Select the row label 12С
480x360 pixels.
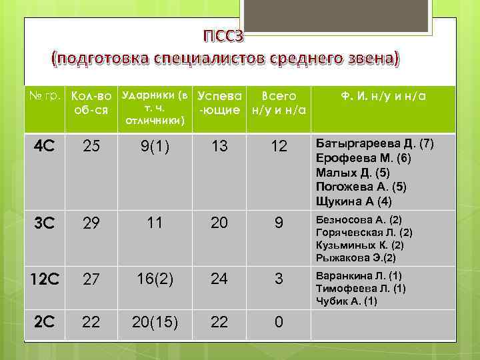[45, 279]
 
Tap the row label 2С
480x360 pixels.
[45, 322]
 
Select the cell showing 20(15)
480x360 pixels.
[154, 323]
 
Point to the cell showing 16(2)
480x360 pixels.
[154, 279]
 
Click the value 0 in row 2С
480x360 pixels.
[279, 323]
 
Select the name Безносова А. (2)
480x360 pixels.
[359, 219]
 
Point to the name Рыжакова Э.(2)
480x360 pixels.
[356, 257]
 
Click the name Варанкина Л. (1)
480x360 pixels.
[359, 275]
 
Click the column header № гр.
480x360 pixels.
[45, 97]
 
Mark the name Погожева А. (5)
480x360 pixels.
[361, 187]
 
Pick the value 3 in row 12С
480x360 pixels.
[279, 279]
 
